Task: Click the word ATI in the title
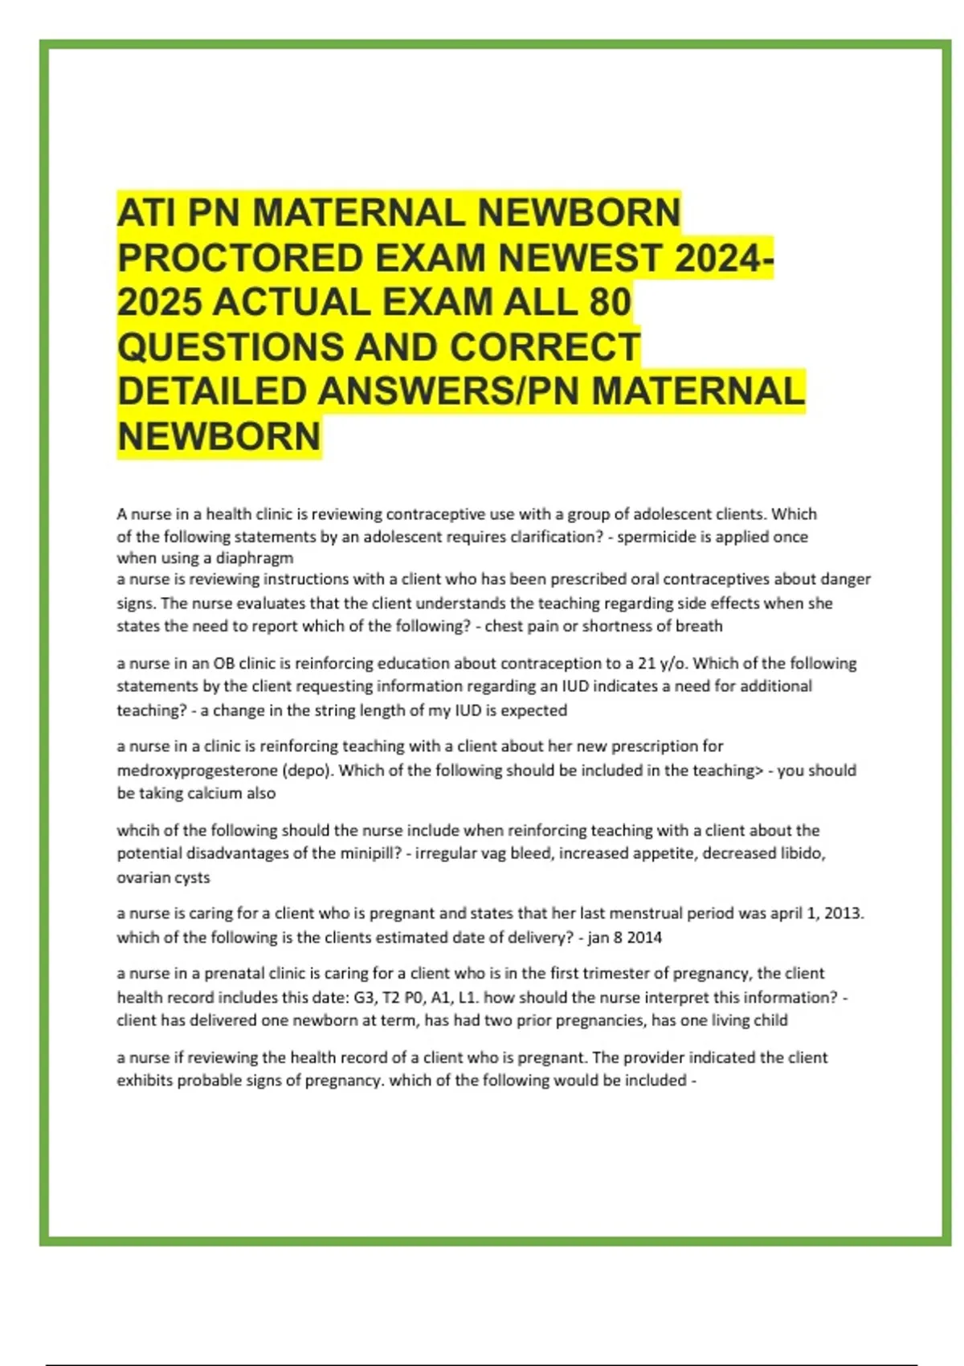pos(146,214)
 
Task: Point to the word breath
pos(698,626)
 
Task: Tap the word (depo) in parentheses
pos(307,771)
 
